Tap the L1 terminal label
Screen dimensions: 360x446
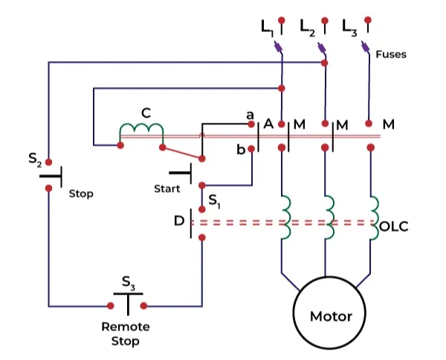coord(267,28)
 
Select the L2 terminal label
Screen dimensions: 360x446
coord(308,27)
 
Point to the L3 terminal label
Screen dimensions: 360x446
coord(350,27)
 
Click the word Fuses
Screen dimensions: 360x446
coord(391,54)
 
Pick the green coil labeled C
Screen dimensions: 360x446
coord(142,131)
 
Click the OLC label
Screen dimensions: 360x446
coord(393,226)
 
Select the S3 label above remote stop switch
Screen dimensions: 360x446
coord(129,283)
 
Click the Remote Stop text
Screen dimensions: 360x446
coord(126,334)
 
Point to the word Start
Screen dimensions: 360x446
coord(167,188)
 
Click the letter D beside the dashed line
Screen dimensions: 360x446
coord(178,221)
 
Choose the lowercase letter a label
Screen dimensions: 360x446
coord(250,115)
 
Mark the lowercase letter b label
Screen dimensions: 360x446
coord(240,150)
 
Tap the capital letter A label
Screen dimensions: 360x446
coord(268,123)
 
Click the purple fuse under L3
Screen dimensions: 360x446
coord(365,48)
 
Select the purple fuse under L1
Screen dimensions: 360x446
coord(278,48)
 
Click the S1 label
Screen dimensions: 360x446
coord(214,200)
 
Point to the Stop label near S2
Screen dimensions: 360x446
coord(81,193)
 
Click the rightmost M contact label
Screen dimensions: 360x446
coord(388,123)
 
